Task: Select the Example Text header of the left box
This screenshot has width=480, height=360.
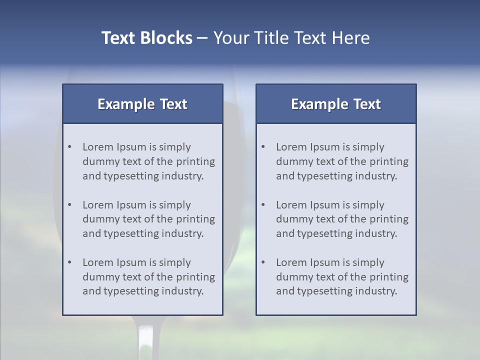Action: pos(142,104)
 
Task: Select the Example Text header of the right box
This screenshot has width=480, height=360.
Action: pos(336,104)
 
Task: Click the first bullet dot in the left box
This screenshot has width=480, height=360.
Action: pos(70,147)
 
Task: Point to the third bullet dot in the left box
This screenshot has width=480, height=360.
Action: pos(70,262)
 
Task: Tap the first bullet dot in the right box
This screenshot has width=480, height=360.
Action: pos(263,147)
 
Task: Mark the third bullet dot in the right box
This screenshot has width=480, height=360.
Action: pos(263,262)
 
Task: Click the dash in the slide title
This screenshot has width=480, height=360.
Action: pos(203,38)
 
